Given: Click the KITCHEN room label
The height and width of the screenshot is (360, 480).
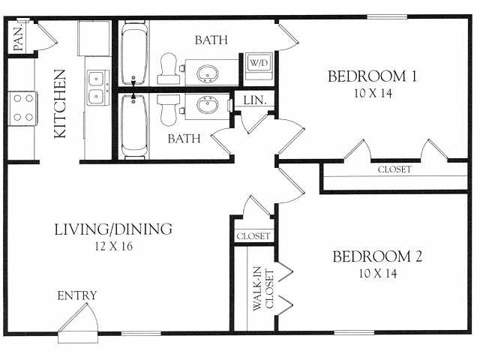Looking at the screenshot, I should (61, 104).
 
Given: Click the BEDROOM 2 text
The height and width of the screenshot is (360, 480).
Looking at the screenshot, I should (377, 256).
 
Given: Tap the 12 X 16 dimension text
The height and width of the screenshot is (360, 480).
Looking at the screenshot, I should (113, 246).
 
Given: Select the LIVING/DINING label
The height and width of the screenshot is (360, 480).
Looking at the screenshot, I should (114, 229).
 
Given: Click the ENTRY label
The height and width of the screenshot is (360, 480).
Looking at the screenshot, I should (77, 295).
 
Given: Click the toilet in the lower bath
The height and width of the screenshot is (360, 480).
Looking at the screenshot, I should (169, 109).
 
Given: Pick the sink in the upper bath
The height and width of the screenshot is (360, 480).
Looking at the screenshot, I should (208, 73).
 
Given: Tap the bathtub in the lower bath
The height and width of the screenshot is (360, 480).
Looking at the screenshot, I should (134, 126).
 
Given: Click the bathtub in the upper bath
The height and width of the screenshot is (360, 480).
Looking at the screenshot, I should (134, 54).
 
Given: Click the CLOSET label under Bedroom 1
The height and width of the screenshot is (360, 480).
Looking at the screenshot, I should (394, 169).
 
